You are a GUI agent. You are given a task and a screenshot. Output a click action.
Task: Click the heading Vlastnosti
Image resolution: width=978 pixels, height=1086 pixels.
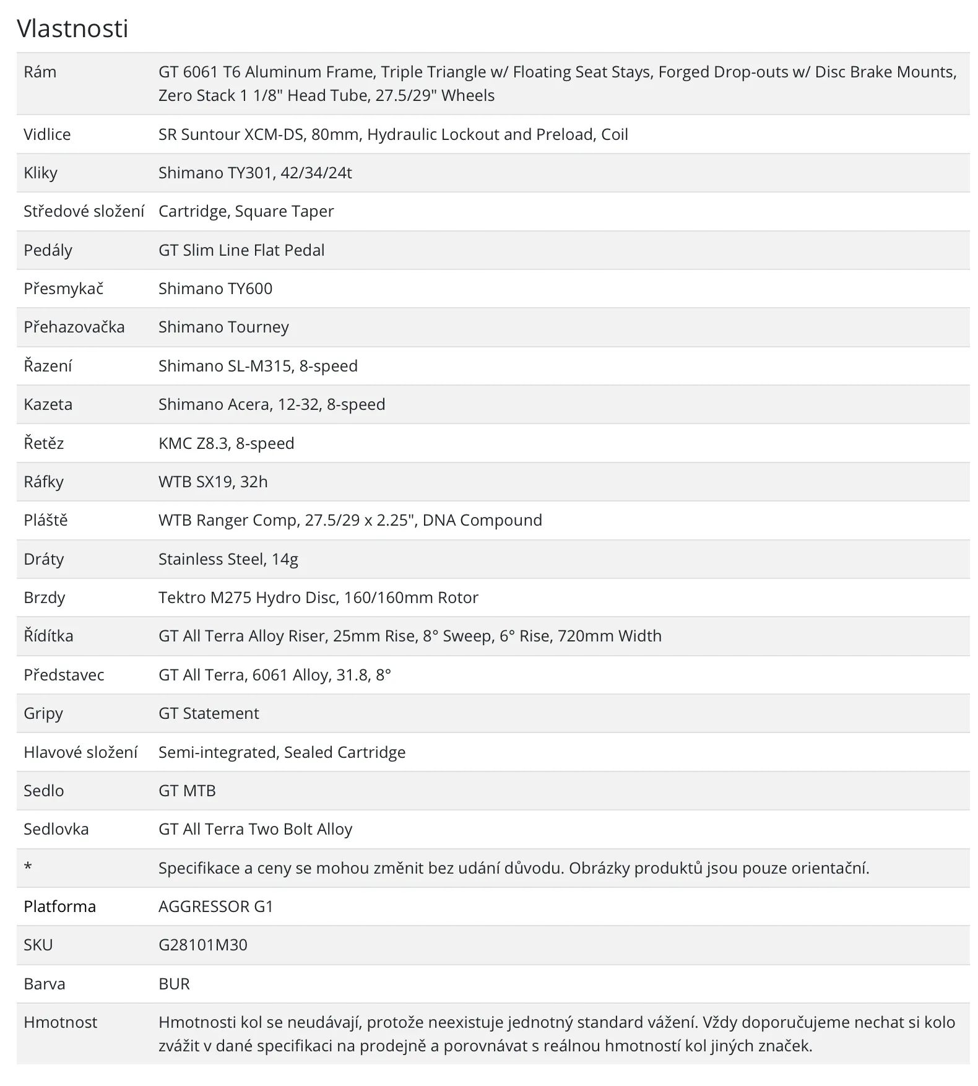[x=72, y=28]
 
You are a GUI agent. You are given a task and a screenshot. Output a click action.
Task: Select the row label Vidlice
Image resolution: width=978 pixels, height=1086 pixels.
[x=47, y=134]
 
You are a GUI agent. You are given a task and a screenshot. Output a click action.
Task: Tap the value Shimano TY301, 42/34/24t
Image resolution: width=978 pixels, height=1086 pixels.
[x=255, y=173]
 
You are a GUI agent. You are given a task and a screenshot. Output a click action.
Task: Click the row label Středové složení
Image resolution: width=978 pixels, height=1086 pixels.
[x=84, y=211]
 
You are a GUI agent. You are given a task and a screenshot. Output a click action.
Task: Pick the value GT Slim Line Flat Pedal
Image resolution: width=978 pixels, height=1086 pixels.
[x=241, y=250]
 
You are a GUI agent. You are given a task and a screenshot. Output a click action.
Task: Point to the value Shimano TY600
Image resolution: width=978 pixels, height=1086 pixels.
[x=215, y=289]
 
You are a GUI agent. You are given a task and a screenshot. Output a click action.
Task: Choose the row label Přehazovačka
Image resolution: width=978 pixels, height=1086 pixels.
[x=74, y=327]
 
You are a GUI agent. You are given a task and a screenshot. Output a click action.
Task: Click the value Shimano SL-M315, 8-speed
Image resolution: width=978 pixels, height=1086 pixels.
[x=258, y=366]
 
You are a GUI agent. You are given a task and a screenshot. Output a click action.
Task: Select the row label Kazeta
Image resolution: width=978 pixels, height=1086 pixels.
[x=48, y=404]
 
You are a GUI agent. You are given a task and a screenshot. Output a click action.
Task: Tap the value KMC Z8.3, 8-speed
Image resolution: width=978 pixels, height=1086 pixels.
[x=227, y=443]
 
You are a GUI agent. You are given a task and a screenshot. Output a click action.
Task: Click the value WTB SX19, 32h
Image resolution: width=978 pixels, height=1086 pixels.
[x=213, y=482]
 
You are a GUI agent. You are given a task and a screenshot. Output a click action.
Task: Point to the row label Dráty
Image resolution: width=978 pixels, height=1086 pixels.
[x=44, y=559]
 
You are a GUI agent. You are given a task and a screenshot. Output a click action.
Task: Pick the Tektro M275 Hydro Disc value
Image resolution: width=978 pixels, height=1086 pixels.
[x=318, y=597]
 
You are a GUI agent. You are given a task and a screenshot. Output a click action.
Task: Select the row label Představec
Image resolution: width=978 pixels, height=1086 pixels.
[x=64, y=675]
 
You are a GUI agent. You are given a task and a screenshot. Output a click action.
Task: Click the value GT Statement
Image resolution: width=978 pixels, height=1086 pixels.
[x=209, y=713]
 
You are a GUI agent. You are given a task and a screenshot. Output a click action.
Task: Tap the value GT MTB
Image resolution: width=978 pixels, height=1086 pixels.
[x=187, y=791]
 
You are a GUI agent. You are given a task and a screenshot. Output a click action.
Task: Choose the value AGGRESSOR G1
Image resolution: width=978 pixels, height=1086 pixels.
[x=215, y=906]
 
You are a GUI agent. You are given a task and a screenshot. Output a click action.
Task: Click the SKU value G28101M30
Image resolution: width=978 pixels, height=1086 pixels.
[x=203, y=945]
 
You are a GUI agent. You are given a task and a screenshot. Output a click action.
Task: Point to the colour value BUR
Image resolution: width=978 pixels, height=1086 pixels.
[x=174, y=984]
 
